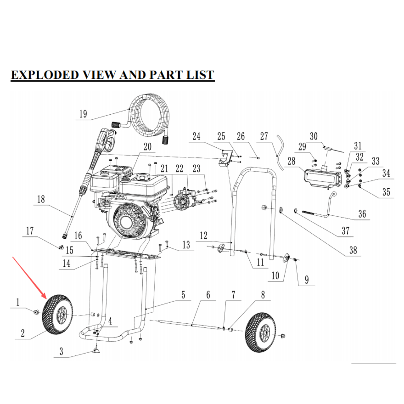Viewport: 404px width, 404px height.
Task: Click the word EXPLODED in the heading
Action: (45, 75)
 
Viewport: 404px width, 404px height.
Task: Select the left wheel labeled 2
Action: (57, 314)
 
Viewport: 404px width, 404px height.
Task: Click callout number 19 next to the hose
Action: (83, 114)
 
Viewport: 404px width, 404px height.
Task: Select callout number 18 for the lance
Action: (41, 199)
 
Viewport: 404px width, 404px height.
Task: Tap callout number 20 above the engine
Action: (147, 147)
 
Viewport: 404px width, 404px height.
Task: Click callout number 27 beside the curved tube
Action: (264, 136)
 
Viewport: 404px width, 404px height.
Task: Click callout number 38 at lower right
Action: (353, 250)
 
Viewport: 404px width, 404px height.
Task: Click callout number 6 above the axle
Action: (208, 295)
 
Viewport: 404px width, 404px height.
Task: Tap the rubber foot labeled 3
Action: (96, 351)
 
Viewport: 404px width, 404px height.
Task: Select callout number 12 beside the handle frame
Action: (204, 236)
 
